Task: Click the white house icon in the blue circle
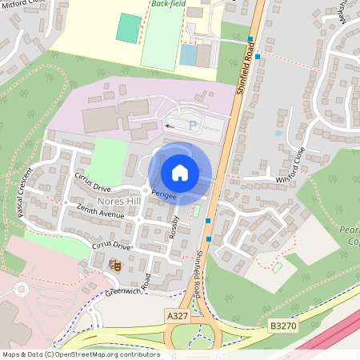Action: pyautogui.click(x=180, y=172)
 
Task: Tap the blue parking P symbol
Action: pyautogui.click(x=193, y=126)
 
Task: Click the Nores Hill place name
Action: pyautogui.click(x=118, y=201)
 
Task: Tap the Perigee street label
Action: pyautogui.click(x=163, y=194)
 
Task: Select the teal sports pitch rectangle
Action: pyautogui.click(x=127, y=28)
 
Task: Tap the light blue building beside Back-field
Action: pyautogui.click(x=188, y=54)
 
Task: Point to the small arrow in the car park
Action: pyautogui.click(x=169, y=126)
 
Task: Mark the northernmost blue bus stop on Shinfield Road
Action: pyautogui.click(x=250, y=39)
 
